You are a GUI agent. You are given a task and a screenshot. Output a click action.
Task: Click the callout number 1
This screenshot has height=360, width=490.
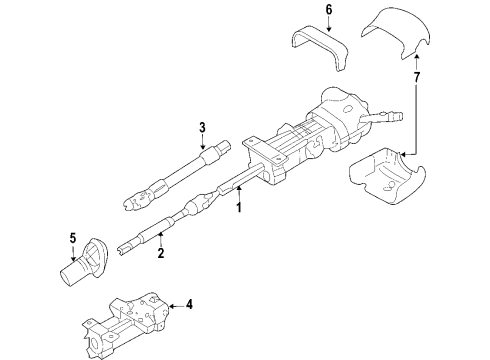(238, 209)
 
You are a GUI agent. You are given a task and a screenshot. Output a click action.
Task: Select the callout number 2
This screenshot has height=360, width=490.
(159, 253)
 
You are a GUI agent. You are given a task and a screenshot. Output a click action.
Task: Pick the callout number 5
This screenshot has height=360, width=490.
(72, 238)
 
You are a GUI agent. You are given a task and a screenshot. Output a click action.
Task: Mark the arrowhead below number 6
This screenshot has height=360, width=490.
(300, 31)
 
